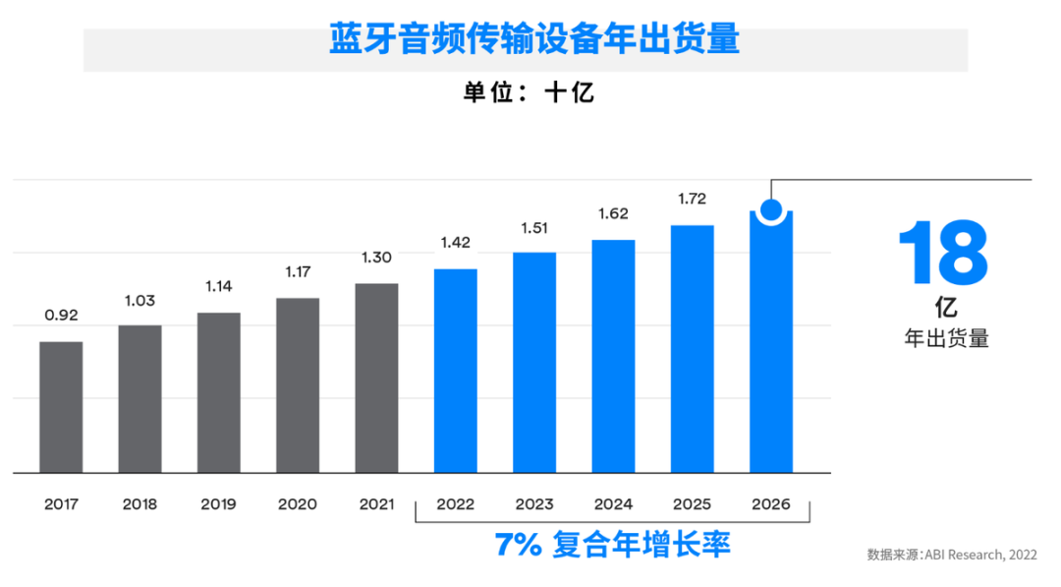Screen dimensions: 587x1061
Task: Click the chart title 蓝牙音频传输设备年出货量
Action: [534, 40]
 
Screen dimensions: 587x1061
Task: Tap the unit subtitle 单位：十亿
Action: [529, 93]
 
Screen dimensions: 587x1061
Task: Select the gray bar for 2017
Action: [61, 407]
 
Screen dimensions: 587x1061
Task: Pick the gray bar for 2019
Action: [219, 392]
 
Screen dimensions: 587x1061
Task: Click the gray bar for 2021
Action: [376, 379]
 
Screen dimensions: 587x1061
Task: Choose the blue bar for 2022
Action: [456, 371]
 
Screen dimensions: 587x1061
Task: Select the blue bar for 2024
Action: [613, 356]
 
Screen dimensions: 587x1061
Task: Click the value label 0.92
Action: [61, 316]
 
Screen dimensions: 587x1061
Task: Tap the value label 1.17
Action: [298, 271]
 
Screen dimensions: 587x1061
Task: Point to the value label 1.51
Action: [534, 229]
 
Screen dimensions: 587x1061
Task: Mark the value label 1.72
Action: [693, 200]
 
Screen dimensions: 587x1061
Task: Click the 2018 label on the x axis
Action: [140, 504]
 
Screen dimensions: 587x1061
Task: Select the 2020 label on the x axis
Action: [298, 504]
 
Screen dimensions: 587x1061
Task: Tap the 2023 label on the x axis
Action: [534, 504]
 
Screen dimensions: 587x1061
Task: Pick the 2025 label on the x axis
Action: [693, 504]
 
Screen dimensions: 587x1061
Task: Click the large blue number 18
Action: [944, 255]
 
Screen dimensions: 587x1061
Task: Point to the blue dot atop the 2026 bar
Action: [771, 209]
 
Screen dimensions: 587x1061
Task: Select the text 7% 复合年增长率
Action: [613, 544]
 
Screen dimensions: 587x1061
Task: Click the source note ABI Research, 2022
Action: [951, 555]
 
